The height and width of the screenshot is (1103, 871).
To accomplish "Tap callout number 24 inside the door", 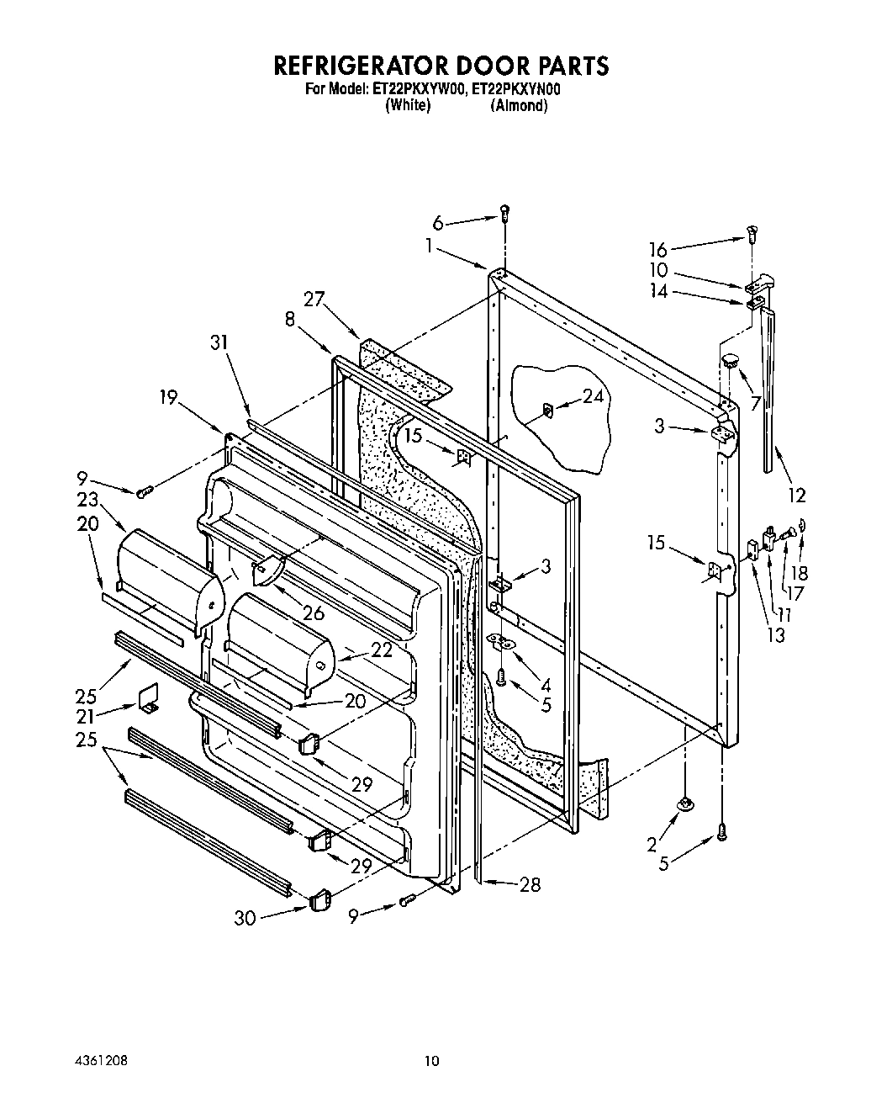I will [594, 395].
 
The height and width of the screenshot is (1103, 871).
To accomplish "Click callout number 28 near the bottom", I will [530, 884].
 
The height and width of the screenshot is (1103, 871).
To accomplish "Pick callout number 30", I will [245, 919].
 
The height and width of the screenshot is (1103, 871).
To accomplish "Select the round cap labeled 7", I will [728, 362].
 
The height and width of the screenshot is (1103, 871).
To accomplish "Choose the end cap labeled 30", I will [319, 902].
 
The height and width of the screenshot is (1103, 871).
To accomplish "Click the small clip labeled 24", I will [546, 410].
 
